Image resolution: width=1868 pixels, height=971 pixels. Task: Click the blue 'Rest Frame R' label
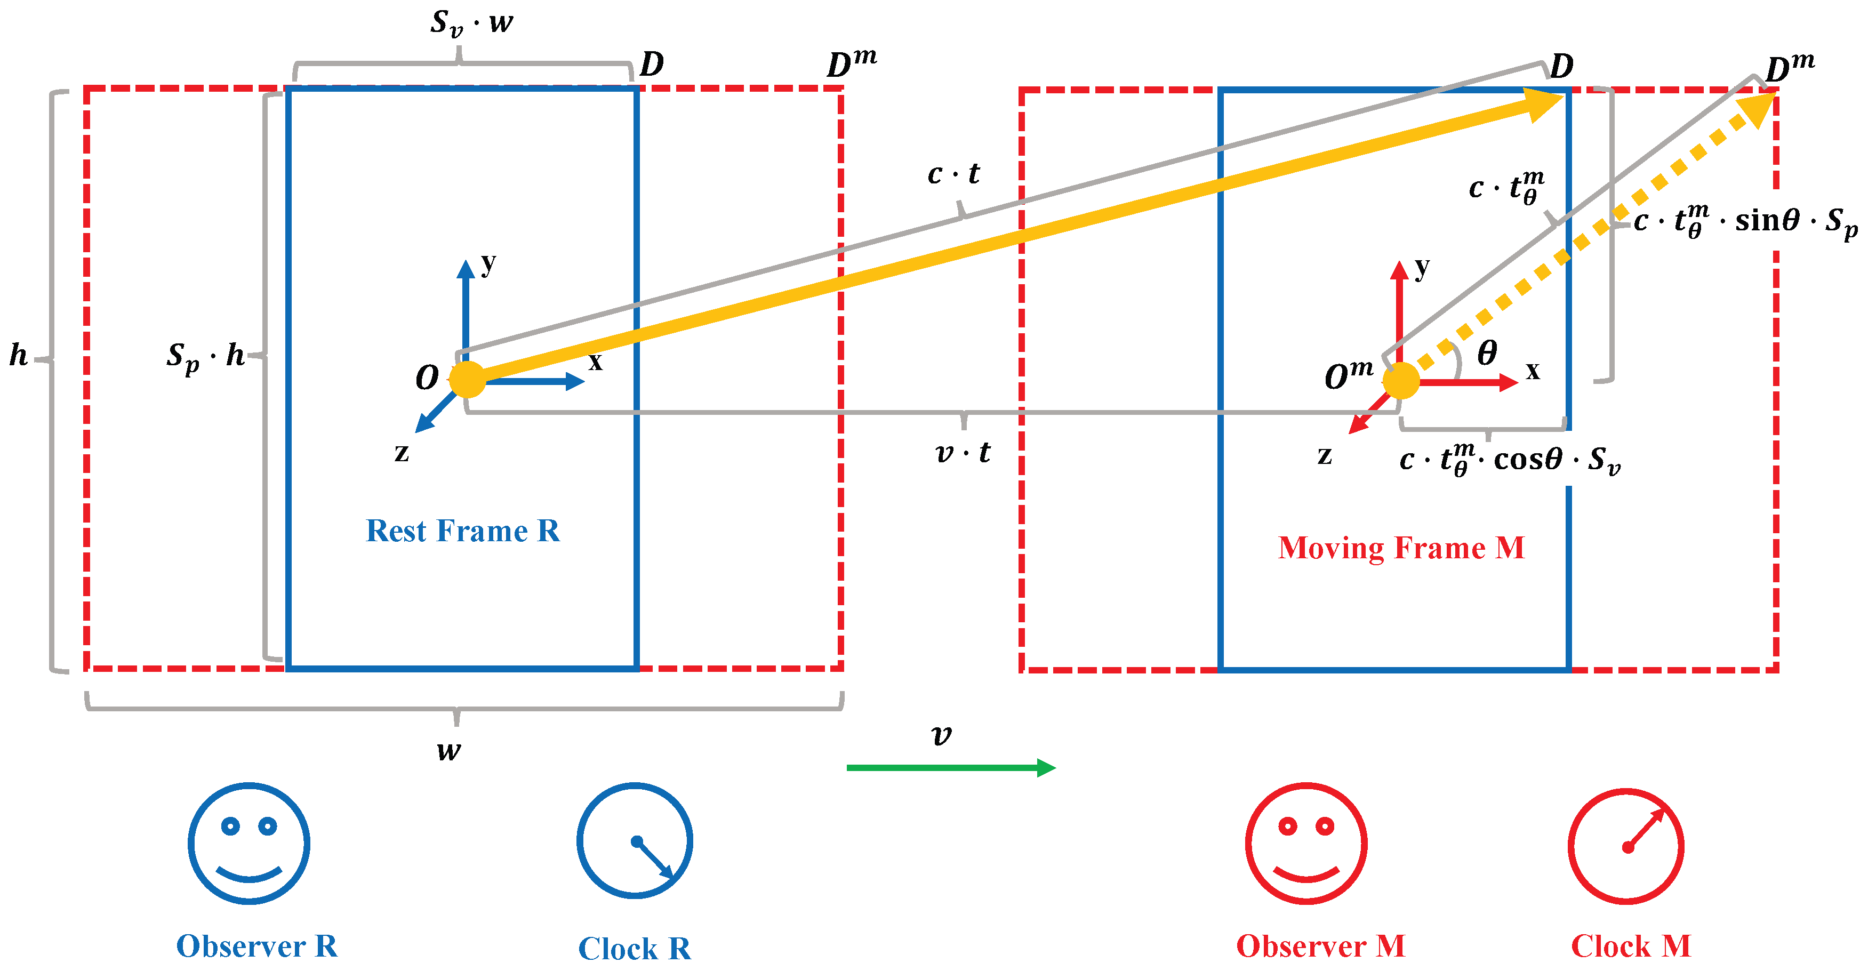[x=463, y=531]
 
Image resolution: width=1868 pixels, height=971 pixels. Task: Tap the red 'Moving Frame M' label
[x=1401, y=548]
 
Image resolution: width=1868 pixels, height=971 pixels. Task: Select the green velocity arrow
[x=950, y=767]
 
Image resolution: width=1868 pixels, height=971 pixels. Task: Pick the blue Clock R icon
[x=635, y=841]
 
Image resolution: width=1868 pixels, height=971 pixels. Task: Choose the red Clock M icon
[x=1626, y=846]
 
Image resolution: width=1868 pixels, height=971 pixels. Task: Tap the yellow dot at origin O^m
[x=1400, y=381]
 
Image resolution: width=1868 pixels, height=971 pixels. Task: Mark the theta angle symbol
[x=1487, y=353]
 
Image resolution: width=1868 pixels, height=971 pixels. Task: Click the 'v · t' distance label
[x=963, y=453]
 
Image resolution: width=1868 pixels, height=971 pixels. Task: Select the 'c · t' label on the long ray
[x=953, y=174]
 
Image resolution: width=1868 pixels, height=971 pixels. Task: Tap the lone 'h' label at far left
[x=19, y=355]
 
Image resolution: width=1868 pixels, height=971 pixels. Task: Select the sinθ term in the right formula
[x=1767, y=220]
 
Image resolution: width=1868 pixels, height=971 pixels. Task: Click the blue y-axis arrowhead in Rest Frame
[x=466, y=269]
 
